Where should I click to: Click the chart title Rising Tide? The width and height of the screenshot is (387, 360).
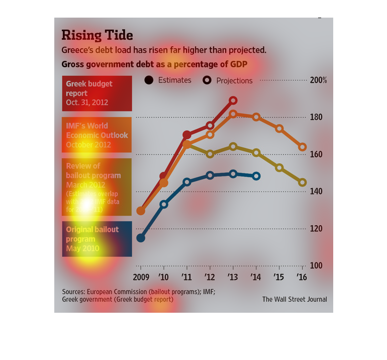click(97, 35)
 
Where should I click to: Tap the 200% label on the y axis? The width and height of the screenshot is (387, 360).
click(318, 80)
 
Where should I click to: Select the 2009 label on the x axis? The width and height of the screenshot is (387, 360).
click(141, 277)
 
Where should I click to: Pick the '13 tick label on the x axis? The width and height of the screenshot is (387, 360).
click(233, 277)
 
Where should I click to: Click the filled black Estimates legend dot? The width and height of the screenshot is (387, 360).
click(149, 80)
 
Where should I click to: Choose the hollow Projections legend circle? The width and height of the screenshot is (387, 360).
click(207, 80)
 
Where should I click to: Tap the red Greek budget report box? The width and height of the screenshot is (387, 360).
click(97, 94)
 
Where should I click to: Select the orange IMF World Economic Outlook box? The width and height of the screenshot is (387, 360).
click(97, 135)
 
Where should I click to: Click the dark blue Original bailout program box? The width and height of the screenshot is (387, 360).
click(97, 239)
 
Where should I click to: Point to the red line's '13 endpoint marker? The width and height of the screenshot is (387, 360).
click(233, 101)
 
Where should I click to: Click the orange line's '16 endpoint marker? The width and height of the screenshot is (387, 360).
click(303, 147)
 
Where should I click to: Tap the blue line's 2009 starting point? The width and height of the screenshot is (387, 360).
click(141, 238)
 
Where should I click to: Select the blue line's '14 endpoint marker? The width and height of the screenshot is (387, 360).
click(256, 176)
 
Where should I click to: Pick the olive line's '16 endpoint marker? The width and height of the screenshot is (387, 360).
click(303, 183)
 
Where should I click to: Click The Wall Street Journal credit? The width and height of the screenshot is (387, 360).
click(295, 299)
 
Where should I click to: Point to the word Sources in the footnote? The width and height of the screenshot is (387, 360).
click(73, 292)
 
